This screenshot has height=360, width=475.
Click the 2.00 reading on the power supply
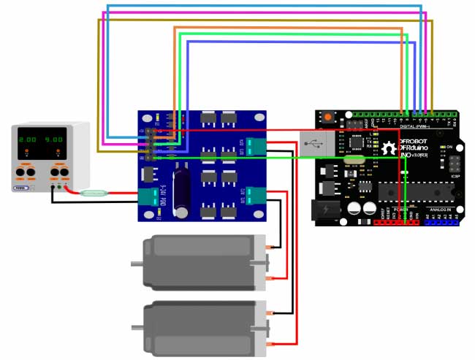(28, 139)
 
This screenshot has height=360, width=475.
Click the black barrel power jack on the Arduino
(327, 210)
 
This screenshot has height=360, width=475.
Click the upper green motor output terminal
(256, 146)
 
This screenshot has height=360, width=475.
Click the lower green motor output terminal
(256, 195)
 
